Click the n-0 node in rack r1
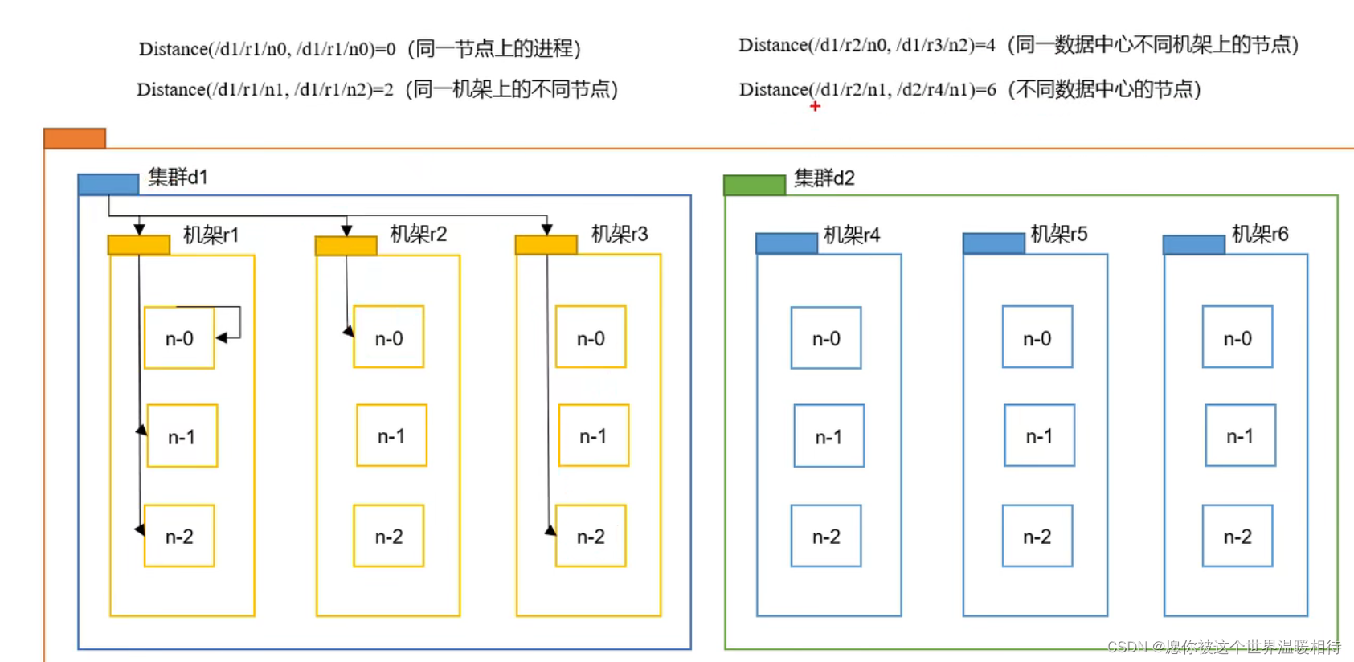point(179,338)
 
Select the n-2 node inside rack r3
point(591,537)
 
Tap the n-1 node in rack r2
point(391,436)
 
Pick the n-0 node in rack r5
point(1037,338)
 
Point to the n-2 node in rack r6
point(1237,537)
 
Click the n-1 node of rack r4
point(828,437)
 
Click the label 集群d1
point(178,177)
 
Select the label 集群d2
point(824,178)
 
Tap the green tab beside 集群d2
point(754,185)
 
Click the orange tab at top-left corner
point(75,138)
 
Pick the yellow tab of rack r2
point(346,245)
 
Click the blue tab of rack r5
point(993,243)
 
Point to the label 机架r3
point(619,234)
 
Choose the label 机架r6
point(1259,234)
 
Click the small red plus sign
point(815,106)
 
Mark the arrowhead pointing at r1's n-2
point(140,529)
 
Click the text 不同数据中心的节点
point(1105,89)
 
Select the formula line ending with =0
point(267,49)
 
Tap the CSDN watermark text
point(1223,647)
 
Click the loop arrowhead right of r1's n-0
point(221,338)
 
